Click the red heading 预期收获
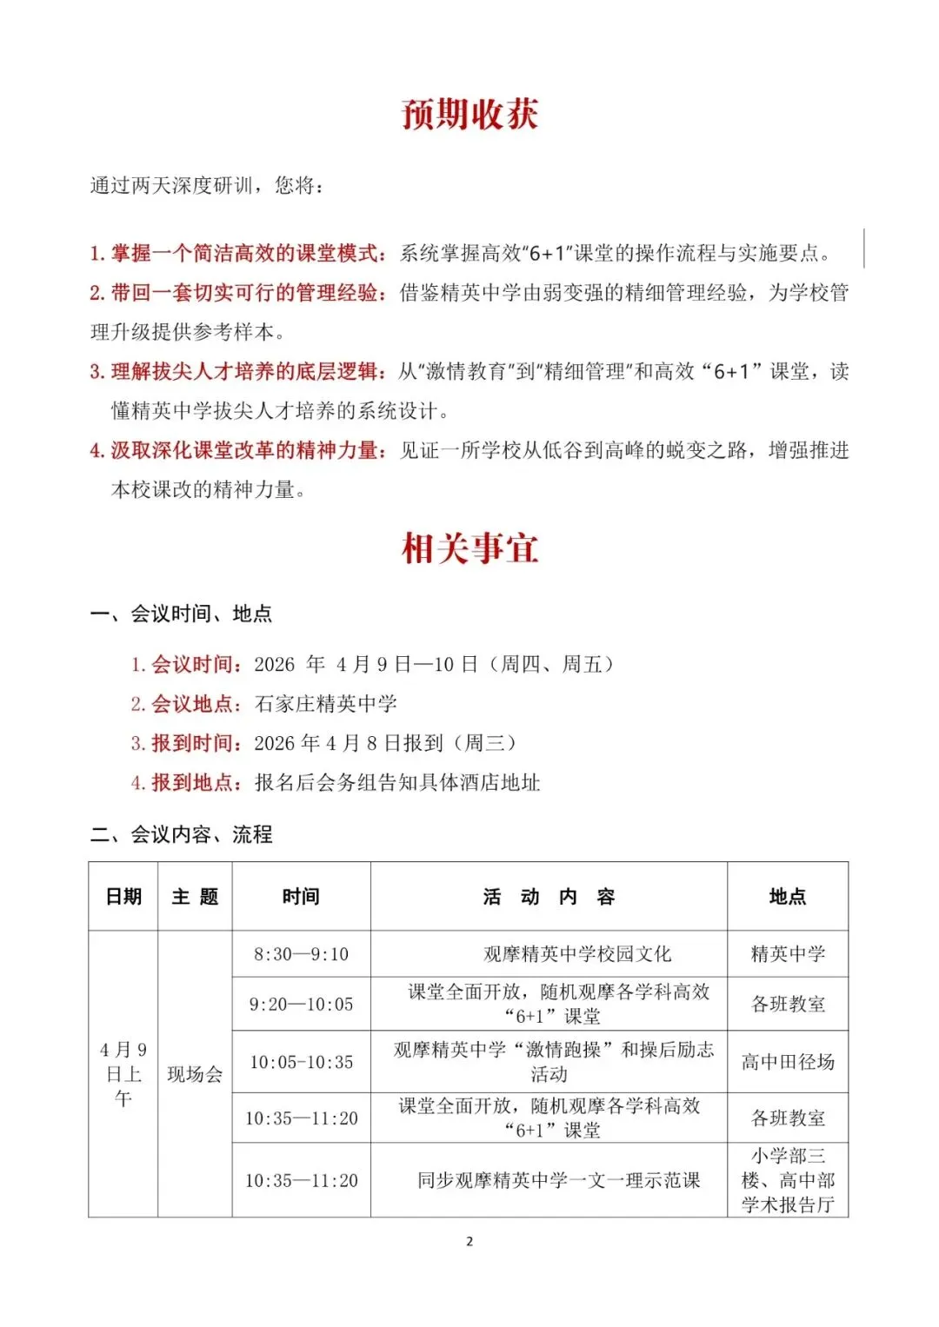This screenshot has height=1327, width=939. tap(469, 114)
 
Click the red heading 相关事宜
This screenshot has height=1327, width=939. tap(469, 548)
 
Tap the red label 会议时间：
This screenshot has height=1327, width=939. tap(196, 665)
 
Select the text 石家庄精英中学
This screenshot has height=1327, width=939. tap(325, 704)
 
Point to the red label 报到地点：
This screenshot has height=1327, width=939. tap(196, 783)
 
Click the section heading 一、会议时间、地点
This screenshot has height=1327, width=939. tap(181, 614)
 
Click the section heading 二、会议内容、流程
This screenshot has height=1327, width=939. tap(181, 835)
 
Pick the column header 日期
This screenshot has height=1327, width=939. tap(123, 897)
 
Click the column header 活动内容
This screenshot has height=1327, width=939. tap(549, 897)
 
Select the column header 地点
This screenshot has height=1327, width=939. tap(788, 897)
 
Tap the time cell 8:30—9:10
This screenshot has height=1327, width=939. tap(301, 954)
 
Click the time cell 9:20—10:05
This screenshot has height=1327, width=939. tap(301, 1005)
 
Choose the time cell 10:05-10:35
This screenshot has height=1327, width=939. tap(301, 1062)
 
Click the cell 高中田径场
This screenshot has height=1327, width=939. tap(788, 1062)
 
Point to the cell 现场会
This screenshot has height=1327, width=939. tap(195, 1075)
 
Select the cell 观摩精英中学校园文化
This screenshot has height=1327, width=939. tap(577, 954)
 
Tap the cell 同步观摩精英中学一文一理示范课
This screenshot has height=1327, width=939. tap(558, 1180)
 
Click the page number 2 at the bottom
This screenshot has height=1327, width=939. tap(469, 1241)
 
